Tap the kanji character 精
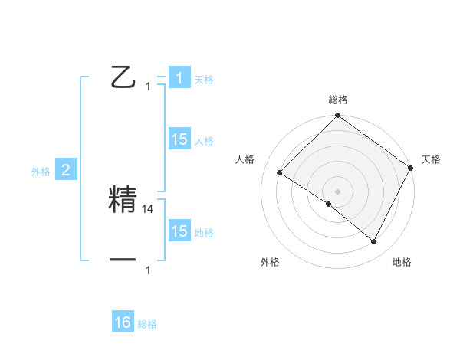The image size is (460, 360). pyautogui.click(x=124, y=201)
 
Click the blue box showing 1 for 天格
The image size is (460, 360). pyautogui.click(x=179, y=78)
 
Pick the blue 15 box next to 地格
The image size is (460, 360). pyautogui.click(x=179, y=231)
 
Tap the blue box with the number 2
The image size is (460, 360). pyautogui.click(x=65, y=170)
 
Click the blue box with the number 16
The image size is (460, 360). pyautogui.click(x=123, y=322)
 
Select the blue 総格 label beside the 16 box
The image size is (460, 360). pyautogui.click(x=147, y=324)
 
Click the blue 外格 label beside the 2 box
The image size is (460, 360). pyautogui.click(x=41, y=172)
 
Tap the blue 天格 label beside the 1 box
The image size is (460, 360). pyautogui.click(x=204, y=80)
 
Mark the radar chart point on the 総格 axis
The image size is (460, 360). pyautogui.click(x=337, y=116)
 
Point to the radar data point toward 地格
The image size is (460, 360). pyautogui.click(x=374, y=242)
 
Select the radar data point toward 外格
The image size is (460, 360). pyautogui.click(x=329, y=204)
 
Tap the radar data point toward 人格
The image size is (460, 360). pyautogui.click(x=280, y=172)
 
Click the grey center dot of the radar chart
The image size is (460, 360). pyautogui.click(x=337, y=191)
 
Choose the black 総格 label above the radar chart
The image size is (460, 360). pyautogui.click(x=337, y=100)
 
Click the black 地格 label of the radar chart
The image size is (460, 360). pyautogui.click(x=402, y=263)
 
